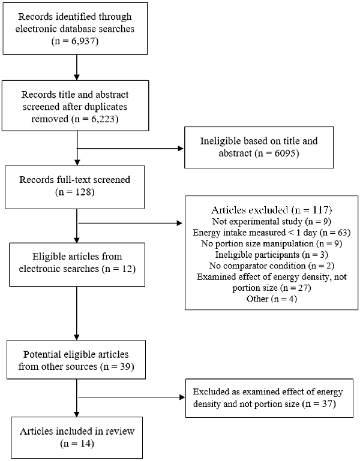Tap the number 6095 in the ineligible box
(285, 153)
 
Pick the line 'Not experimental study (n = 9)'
(271, 221)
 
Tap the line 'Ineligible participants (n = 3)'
(271, 254)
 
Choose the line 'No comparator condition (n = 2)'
(271, 266)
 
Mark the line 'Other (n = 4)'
(272, 299)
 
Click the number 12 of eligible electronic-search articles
(127, 269)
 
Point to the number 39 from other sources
(125, 367)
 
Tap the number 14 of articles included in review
(85, 444)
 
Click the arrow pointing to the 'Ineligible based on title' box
(130, 149)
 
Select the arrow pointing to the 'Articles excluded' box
(130, 223)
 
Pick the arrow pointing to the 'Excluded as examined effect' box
(131, 397)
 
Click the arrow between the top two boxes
(77, 67)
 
